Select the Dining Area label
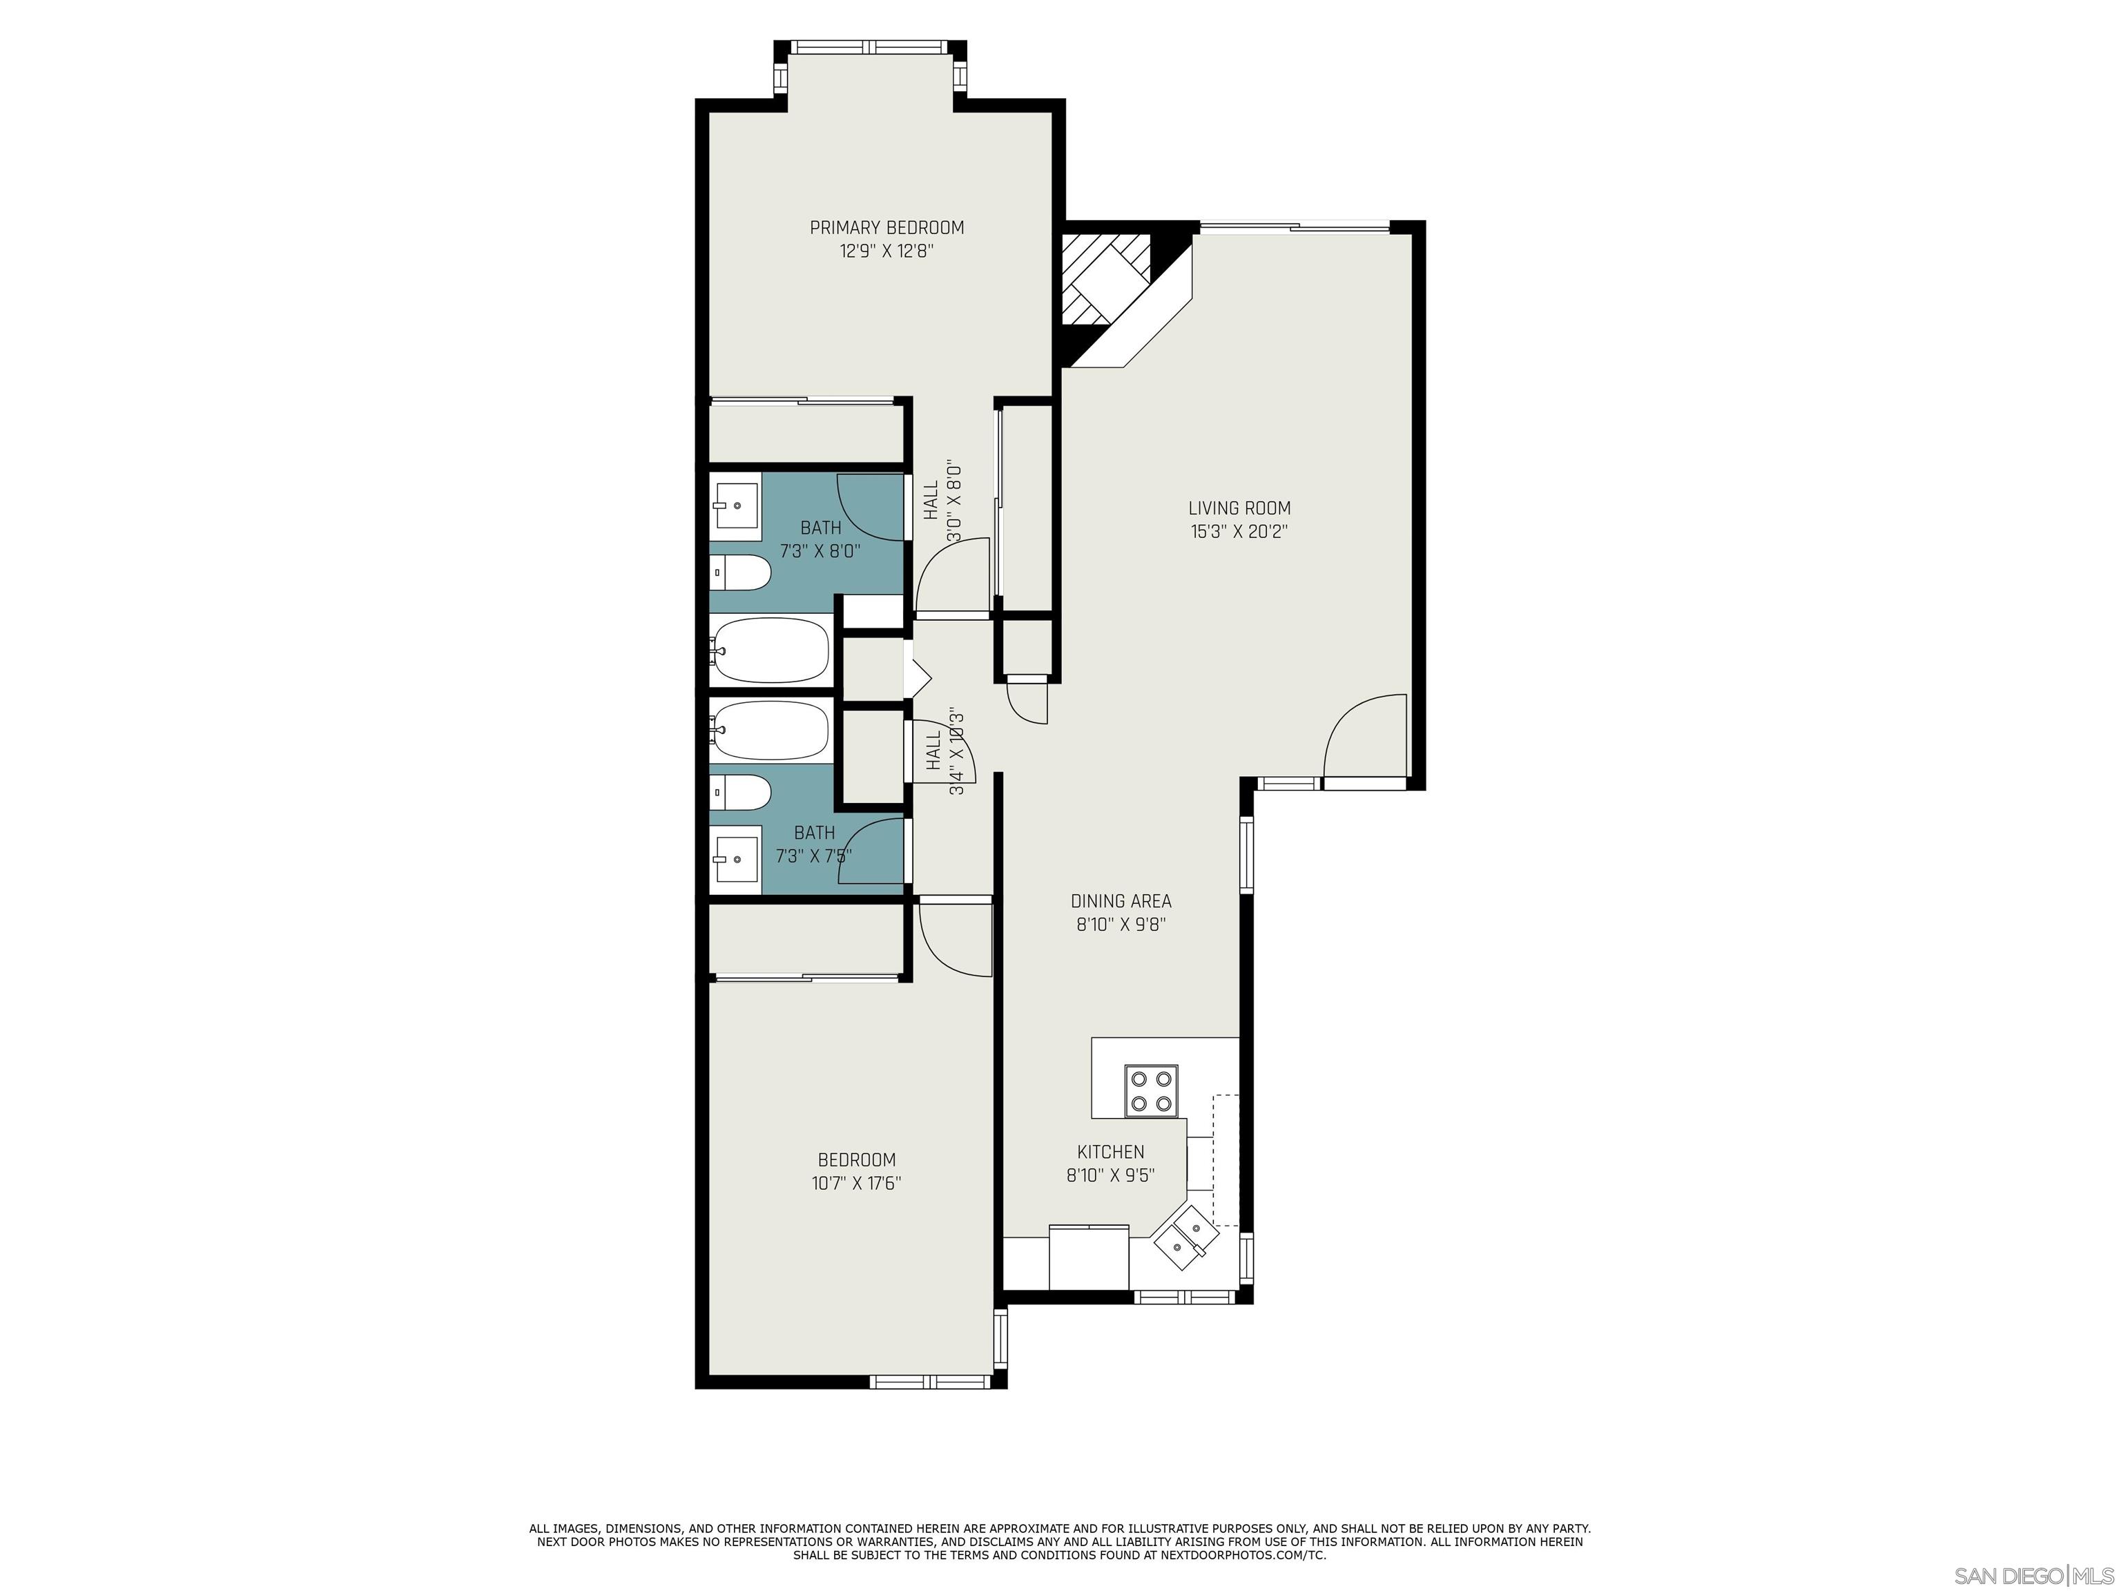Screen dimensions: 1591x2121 [1120, 901]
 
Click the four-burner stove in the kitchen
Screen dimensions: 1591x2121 [1151, 1090]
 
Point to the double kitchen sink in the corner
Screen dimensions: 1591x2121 [1185, 1238]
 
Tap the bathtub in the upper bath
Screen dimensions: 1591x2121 [771, 650]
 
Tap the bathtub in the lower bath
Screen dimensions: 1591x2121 [771, 730]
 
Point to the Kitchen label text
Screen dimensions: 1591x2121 [1110, 1152]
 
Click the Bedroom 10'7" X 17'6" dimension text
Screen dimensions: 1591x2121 [855, 1184]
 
